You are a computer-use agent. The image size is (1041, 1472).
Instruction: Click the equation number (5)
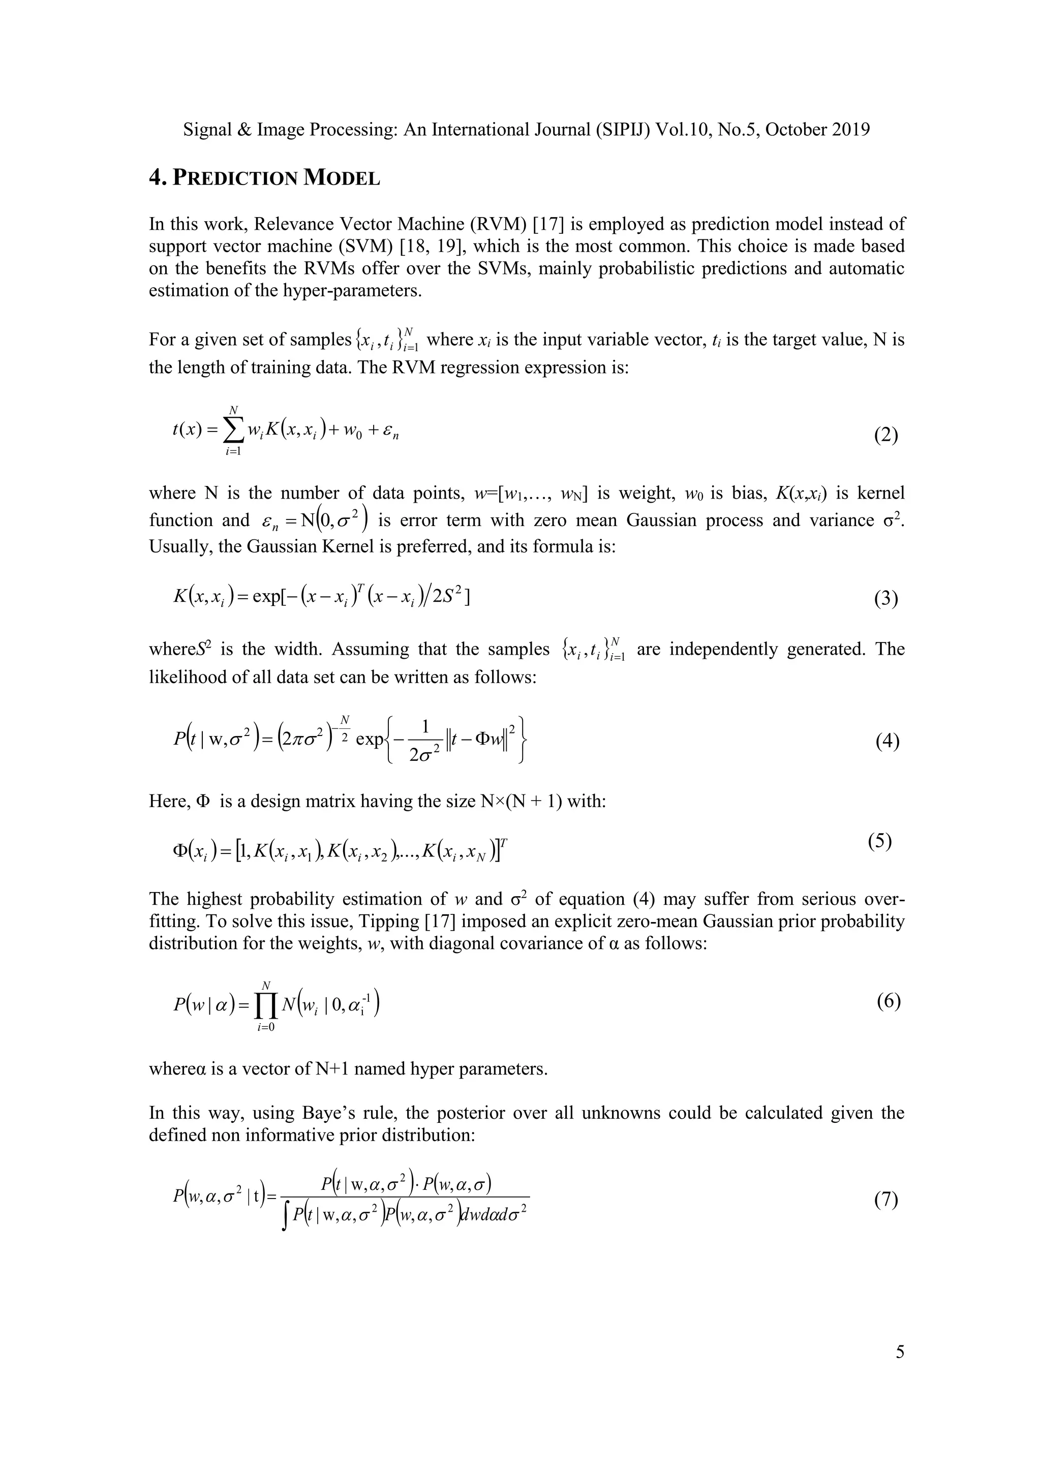click(879, 841)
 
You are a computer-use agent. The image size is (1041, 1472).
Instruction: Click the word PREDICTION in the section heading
click(235, 178)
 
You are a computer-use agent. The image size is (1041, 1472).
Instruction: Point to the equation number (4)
click(887, 741)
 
